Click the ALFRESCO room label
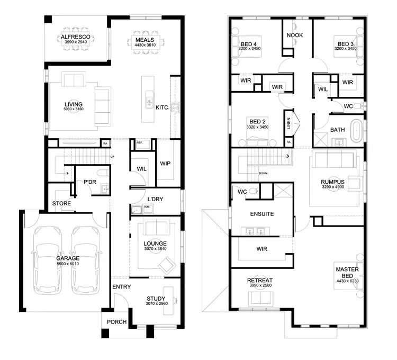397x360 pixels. click(x=77, y=37)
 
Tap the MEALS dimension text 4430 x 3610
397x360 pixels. click(x=145, y=46)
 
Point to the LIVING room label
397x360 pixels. click(x=73, y=104)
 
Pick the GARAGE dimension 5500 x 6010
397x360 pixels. click(x=67, y=263)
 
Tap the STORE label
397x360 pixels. click(x=61, y=203)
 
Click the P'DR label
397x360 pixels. click(x=89, y=182)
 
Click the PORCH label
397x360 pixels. click(x=116, y=322)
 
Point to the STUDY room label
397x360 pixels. click(x=156, y=299)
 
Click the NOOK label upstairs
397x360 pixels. click(x=294, y=35)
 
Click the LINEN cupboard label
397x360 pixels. click(x=288, y=123)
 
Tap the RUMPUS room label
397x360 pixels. click(x=332, y=181)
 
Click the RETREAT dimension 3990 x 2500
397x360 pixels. click(x=260, y=286)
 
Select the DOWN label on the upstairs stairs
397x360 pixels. click(x=263, y=173)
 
